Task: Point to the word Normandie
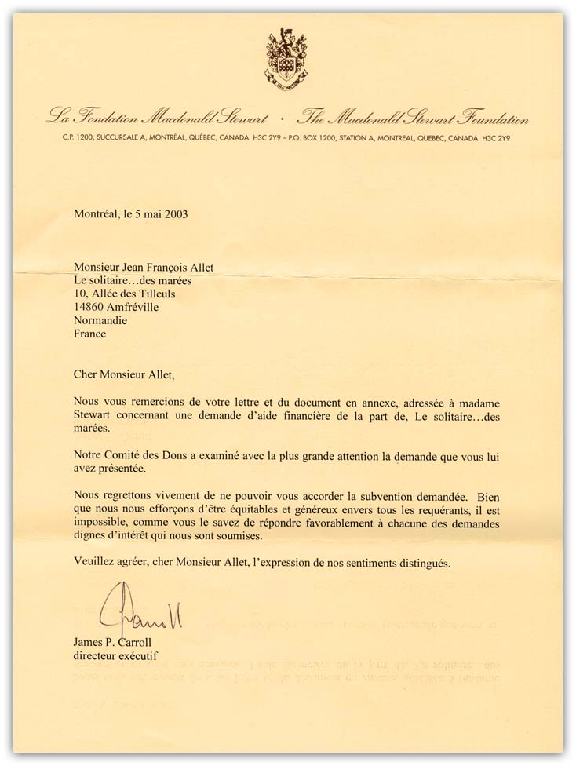point(100,320)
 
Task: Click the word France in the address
point(89,334)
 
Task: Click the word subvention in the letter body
point(367,496)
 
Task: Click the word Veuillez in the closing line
point(96,563)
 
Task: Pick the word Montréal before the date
point(98,213)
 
